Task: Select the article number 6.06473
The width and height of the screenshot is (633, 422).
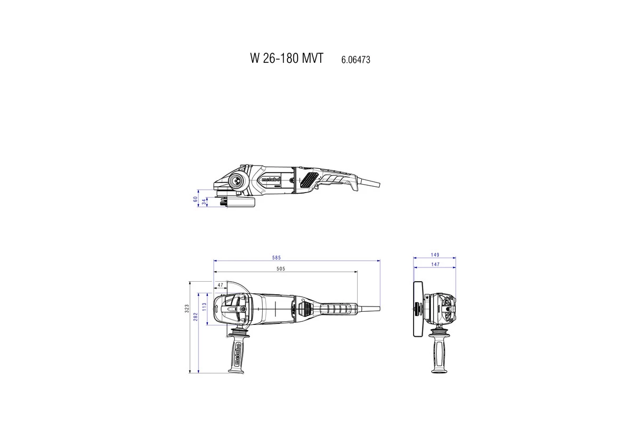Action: click(x=356, y=60)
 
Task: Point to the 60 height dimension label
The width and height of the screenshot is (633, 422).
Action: click(x=195, y=199)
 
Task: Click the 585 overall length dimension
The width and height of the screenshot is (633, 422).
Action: click(x=276, y=258)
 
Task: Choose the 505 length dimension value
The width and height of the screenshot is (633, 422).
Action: click(x=280, y=269)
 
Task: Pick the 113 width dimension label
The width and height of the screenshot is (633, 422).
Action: click(x=204, y=308)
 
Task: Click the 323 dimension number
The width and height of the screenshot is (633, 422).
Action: click(x=187, y=309)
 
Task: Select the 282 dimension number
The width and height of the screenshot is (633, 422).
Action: click(x=195, y=315)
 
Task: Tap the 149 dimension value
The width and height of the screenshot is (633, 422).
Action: click(x=435, y=255)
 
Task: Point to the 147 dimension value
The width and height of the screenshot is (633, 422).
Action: click(x=435, y=264)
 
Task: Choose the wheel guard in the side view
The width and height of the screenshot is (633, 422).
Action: click(x=240, y=203)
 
